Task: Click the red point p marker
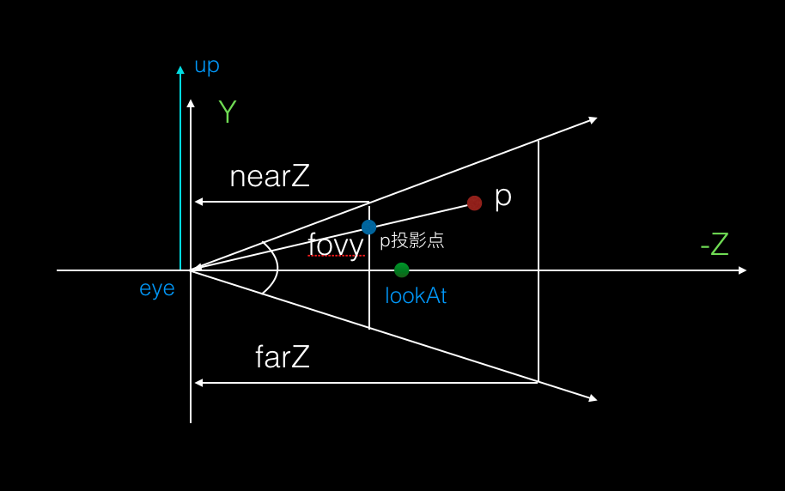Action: point(474,203)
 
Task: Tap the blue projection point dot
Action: point(368,227)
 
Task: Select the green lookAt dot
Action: point(402,270)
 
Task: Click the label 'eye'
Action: point(157,288)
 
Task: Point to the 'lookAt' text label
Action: point(416,296)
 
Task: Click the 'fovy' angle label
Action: point(336,244)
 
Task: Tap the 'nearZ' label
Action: point(270,177)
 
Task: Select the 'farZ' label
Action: point(283,356)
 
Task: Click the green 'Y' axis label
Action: point(227,112)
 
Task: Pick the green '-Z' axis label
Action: point(715,245)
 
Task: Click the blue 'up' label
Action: point(207,65)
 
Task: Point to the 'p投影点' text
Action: point(412,240)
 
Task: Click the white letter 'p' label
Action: point(503,197)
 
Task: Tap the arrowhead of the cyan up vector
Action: point(180,70)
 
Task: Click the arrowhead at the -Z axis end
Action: point(742,270)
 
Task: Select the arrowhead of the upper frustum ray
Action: point(593,119)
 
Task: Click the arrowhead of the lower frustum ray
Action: point(593,398)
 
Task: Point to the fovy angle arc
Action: point(276,270)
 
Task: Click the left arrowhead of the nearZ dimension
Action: point(198,202)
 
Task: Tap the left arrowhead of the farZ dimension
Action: point(198,383)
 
